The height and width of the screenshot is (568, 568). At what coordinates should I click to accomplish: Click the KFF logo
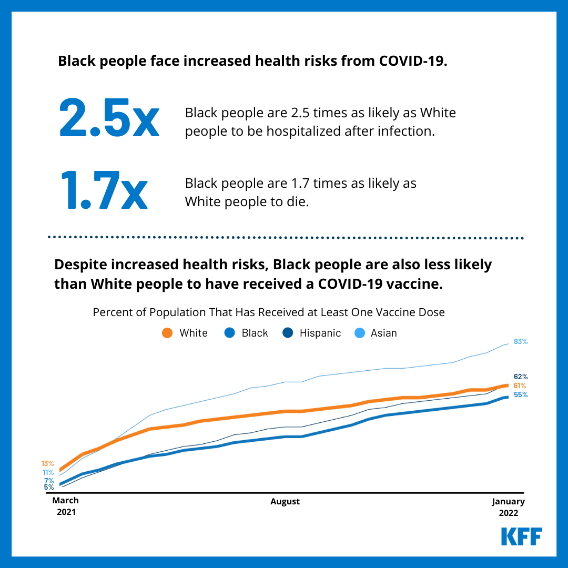[521, 536]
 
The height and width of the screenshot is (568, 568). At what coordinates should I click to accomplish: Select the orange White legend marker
[167, 333]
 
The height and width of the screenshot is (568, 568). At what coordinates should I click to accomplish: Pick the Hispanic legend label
[320, 333]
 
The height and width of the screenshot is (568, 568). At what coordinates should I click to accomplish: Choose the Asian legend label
[383, 333]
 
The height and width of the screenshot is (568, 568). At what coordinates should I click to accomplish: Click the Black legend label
[255, 333]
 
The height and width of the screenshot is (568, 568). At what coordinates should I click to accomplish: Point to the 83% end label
[521, 341]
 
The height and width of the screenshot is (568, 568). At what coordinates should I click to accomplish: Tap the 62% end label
[521, 377]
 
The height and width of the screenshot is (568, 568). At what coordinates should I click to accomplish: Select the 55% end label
[521, 394]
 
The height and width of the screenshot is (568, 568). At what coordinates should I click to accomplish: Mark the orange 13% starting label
[48, 463]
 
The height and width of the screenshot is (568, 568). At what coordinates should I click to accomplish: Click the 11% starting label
[48, 472]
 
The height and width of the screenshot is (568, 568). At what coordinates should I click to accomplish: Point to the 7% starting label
[48, 481]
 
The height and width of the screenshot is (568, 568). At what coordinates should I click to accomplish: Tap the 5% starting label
[48, 488]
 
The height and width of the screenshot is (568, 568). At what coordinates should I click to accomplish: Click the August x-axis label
[285, 501]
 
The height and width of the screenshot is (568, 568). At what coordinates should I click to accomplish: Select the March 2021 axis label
[66, 506]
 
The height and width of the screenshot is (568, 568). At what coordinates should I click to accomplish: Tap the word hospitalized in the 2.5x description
[310, 130]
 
